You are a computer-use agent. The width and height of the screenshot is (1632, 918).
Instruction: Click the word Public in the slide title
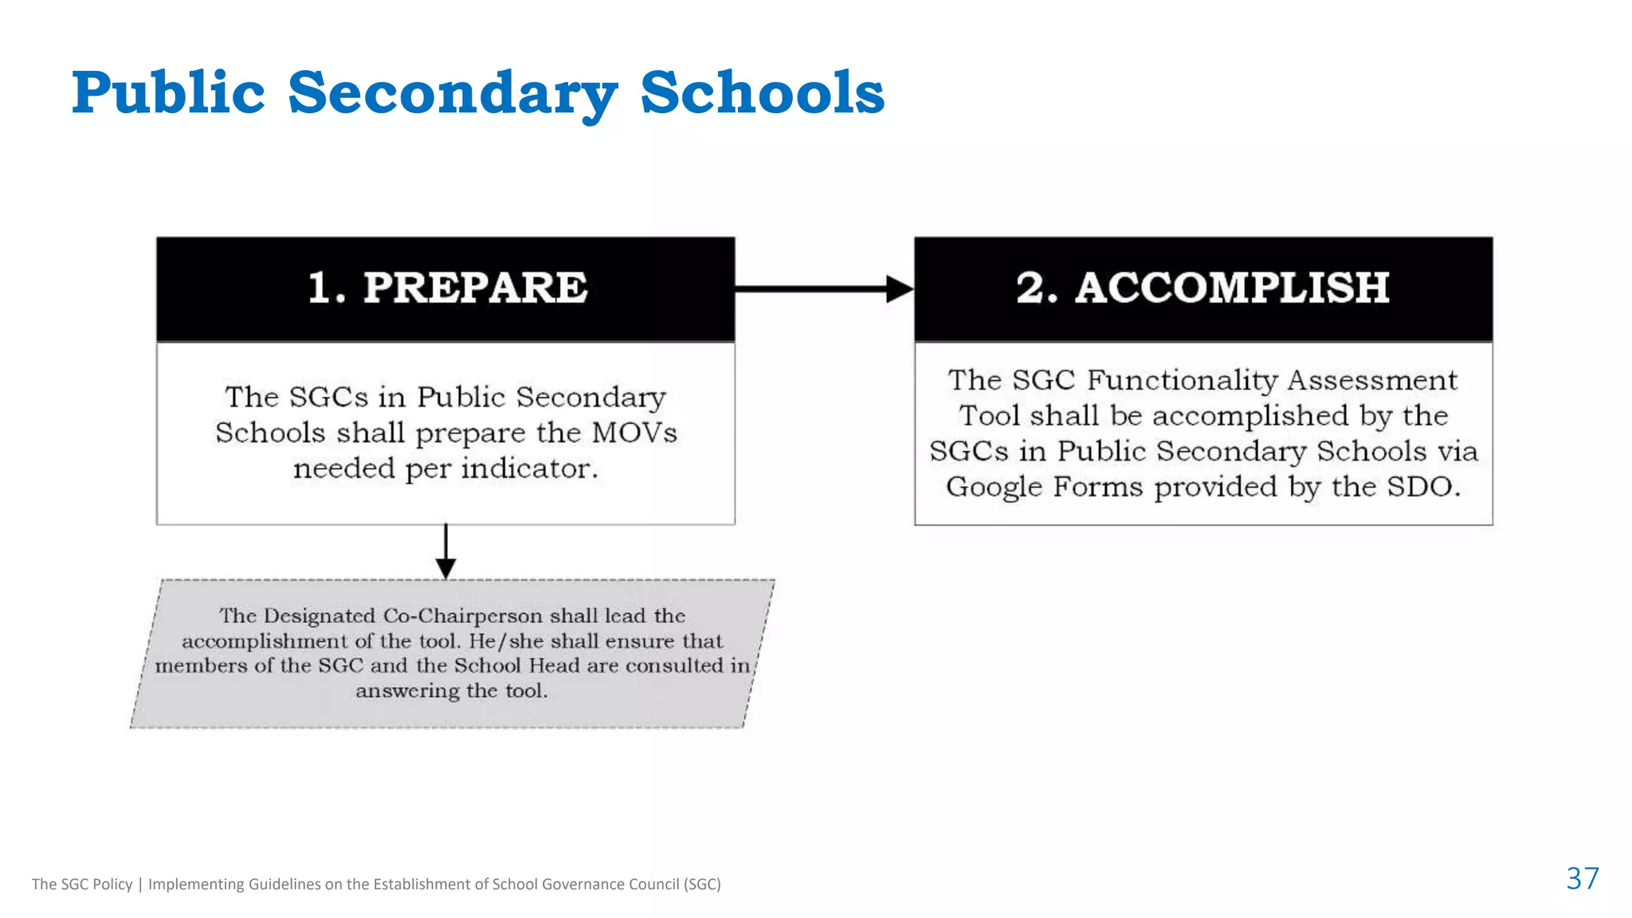[168, 93]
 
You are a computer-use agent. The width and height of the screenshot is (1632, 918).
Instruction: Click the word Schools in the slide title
[762, 93]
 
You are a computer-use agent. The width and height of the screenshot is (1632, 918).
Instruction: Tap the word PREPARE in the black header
[475, 288]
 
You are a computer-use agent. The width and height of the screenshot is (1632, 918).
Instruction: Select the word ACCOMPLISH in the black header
[1231, 288]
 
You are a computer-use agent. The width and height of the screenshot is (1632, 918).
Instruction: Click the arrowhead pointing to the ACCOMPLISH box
[900, 288]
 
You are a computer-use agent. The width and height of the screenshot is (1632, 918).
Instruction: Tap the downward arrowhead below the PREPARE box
[445, 567]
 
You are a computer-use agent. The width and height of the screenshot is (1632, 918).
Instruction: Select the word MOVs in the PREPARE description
[634, 433]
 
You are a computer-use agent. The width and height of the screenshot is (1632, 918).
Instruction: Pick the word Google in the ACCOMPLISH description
[994, 487]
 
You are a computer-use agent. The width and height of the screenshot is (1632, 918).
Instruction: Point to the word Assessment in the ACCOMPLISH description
[1372, 380]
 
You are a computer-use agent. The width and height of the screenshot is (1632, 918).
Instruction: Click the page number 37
[1582, 878]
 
